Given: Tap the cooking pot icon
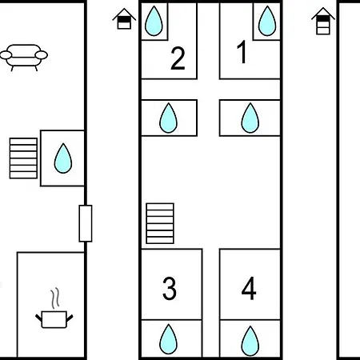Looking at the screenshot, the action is [54, 319].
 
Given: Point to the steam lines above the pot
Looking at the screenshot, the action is [55, 298].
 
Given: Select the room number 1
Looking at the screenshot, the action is [242, 52].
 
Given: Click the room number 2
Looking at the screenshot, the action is [178, 58].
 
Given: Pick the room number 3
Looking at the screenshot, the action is [170, 288].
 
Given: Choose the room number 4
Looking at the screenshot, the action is [249, 288].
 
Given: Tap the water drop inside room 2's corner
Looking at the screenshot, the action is [154, 21].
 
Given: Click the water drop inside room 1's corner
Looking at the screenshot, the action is [267, 21].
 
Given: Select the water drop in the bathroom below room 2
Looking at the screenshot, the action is [168, 118].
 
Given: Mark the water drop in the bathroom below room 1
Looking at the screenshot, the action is [250, 118].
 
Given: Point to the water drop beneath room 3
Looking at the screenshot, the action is [168, 339].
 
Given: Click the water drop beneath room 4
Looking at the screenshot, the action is [250, 341].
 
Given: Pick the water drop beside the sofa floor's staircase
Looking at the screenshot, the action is [63, 158].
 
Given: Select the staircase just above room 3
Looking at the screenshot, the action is [160, 223].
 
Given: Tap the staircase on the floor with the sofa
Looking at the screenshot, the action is [23, 158].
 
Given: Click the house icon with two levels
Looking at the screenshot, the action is [124, 18].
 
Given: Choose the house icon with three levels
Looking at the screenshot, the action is [323, 21].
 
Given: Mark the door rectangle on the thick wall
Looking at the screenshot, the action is [86, 223].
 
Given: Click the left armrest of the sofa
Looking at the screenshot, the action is [6, 55].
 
